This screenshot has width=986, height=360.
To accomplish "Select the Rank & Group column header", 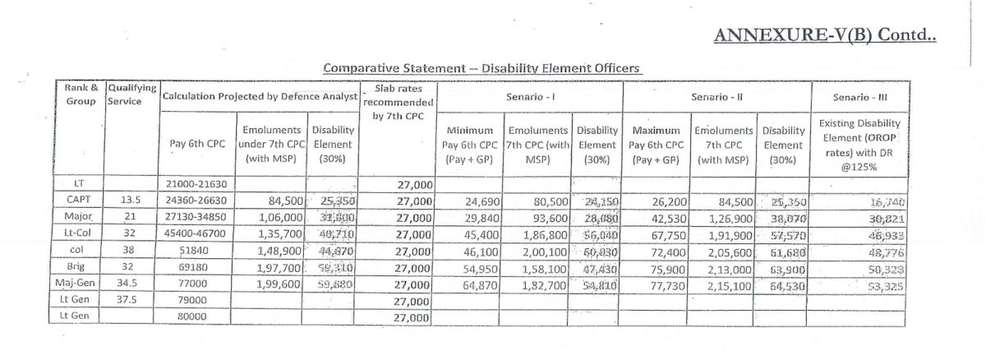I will click(83, 93).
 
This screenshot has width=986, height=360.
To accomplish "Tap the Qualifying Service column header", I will click(131, 93).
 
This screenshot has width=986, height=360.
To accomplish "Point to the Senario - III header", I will click(859, 98).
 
